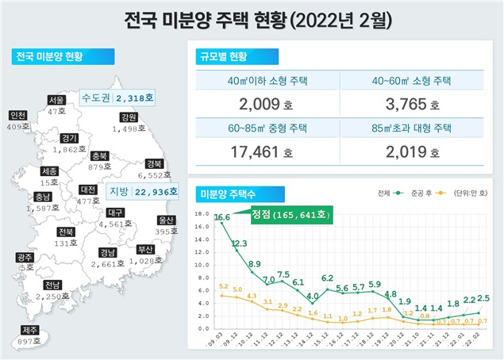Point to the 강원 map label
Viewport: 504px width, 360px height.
(x=131, y=117)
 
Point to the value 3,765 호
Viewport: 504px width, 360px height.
(x=411, y=104)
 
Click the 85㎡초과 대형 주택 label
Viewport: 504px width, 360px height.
(x=411, y=126)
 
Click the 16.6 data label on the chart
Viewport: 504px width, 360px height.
(x=222, y=216)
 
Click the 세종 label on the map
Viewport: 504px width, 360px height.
(x=48, y=170)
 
